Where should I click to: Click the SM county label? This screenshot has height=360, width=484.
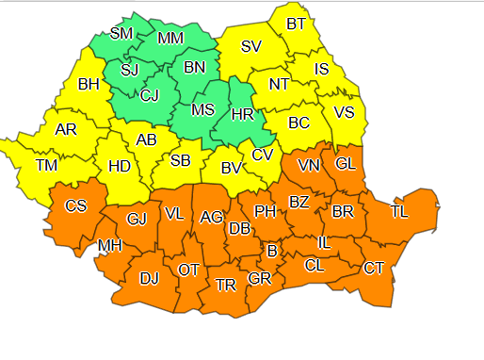[x=121, y=34]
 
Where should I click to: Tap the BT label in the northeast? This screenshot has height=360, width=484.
[x=296, y=24]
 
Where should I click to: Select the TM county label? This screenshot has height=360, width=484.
[x=45, y=165]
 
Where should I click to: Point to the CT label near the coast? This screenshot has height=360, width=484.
[x=374, y=269]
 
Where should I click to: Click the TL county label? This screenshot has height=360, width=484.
[x=399, y=212]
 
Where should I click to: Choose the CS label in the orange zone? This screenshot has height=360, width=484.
[x=76, y=206]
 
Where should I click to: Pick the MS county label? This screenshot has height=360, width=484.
[x=203, y=109]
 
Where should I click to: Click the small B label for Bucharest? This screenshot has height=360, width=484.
[x=272, y=251]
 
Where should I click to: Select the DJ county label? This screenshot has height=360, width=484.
[x=150, y=278]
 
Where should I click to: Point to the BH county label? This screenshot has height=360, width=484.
[x=89, y=85]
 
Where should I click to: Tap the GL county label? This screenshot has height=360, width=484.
[x=346, y=163]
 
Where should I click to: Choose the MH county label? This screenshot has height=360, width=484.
[x=108, y=247]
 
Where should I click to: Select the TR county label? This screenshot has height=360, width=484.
[x=225, y=285]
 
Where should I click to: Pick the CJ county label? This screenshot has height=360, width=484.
[x=149, y=94]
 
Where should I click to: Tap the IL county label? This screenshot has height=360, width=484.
[x=323, y=243]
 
